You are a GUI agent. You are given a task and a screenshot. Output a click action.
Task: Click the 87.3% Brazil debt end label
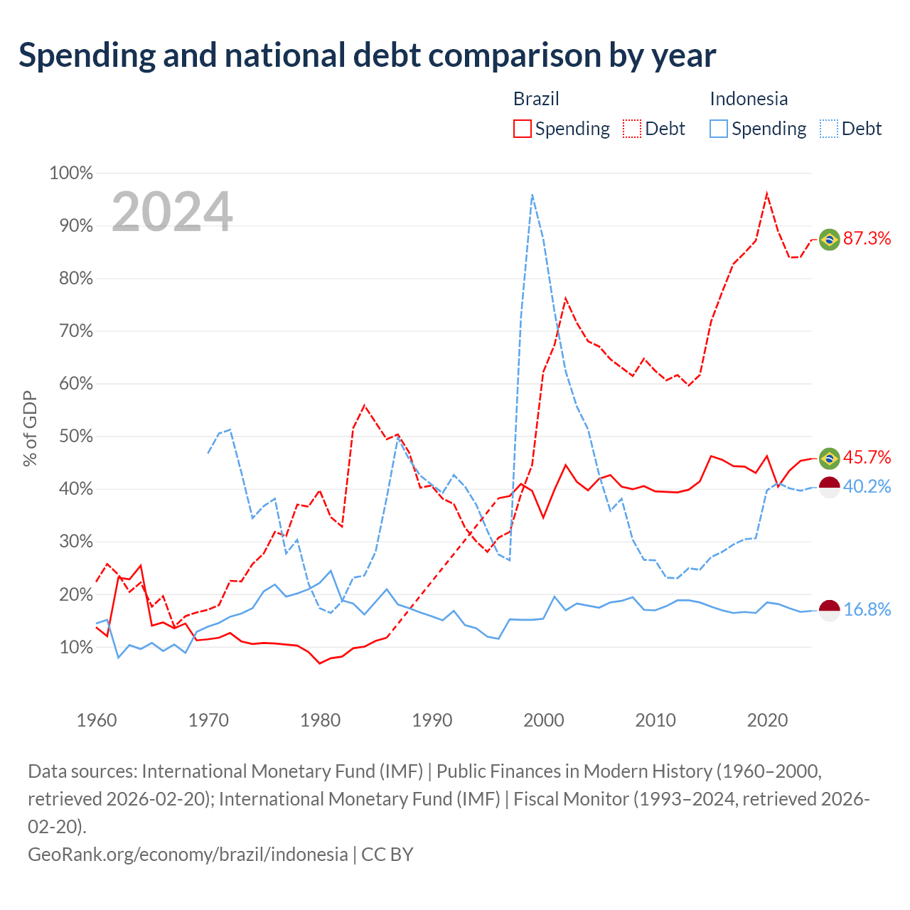(x=867, y=238)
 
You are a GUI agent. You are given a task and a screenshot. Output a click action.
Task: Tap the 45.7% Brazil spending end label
(x=867, y=457)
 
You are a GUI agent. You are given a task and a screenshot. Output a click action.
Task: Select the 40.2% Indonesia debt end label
(x=867, y=486)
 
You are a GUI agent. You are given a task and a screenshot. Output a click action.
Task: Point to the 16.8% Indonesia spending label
(x=867, y=610)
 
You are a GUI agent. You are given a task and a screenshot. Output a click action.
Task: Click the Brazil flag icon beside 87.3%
(x=829, y=240)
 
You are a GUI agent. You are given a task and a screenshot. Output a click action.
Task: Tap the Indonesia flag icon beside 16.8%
(x=829, y=611)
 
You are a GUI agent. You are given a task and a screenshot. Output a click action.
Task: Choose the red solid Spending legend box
(x=523, y=129)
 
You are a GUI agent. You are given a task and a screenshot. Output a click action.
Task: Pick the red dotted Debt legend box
(x=632, y=129)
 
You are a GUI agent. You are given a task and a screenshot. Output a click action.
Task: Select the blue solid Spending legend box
(x=718, y=129)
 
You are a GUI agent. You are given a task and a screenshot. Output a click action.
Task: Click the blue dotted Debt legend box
(x=828, y=129)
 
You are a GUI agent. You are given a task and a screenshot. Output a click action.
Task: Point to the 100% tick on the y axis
(x=71, y=173)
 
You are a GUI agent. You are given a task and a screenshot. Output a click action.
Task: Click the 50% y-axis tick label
(x=75, y=437)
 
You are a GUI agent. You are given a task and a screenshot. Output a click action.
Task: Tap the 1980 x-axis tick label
(x=320, y=720)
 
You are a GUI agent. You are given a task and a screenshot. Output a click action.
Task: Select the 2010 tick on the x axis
(x=655, y=720)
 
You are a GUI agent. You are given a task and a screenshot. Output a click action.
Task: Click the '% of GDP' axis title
(x=30, y=428)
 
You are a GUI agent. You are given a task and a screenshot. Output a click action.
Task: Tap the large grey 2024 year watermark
(x=172, y=212)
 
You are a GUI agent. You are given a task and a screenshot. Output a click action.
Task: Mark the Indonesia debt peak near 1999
(x=532, y=194)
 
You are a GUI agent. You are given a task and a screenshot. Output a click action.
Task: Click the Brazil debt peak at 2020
(x=766, y=193)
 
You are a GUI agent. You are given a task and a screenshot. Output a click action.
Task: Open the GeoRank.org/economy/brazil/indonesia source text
(x=188, y=855)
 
